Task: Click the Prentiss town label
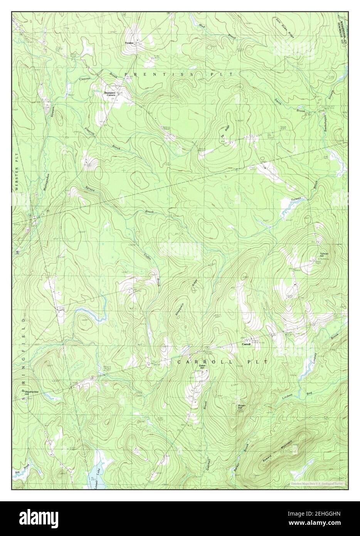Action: point(129,43)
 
